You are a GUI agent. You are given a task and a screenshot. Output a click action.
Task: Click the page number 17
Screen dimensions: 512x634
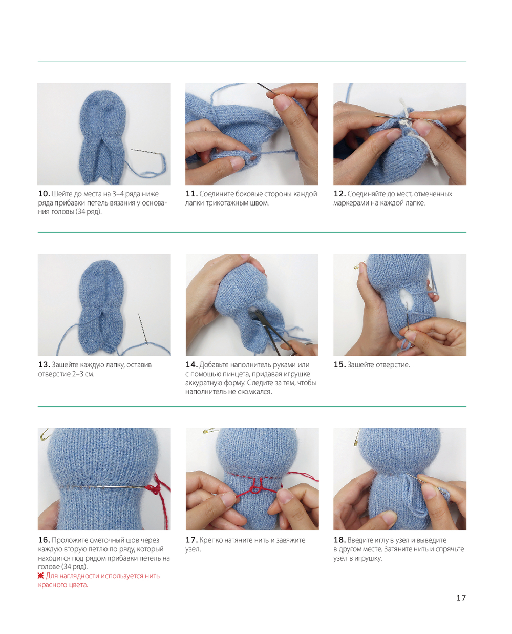point(461,598)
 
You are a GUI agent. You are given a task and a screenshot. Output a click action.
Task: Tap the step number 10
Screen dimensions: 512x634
point(44,194)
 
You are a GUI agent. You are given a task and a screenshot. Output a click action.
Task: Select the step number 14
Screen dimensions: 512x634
point(191,364)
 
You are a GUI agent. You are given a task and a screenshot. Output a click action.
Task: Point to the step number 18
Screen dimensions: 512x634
point(339,540)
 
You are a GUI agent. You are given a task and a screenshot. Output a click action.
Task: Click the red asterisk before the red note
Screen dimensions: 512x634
point(41,576)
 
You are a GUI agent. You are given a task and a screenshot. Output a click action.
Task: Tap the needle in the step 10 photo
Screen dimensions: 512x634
point(146,152)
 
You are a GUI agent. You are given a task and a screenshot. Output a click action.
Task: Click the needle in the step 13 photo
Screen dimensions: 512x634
point(143,329)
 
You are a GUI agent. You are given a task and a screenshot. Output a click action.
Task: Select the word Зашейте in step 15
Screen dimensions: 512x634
point(360,365)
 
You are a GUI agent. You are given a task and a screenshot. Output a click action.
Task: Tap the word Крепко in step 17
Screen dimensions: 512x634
point(210,540)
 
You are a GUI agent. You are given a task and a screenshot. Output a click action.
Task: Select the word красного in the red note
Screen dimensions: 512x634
point(53,585)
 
